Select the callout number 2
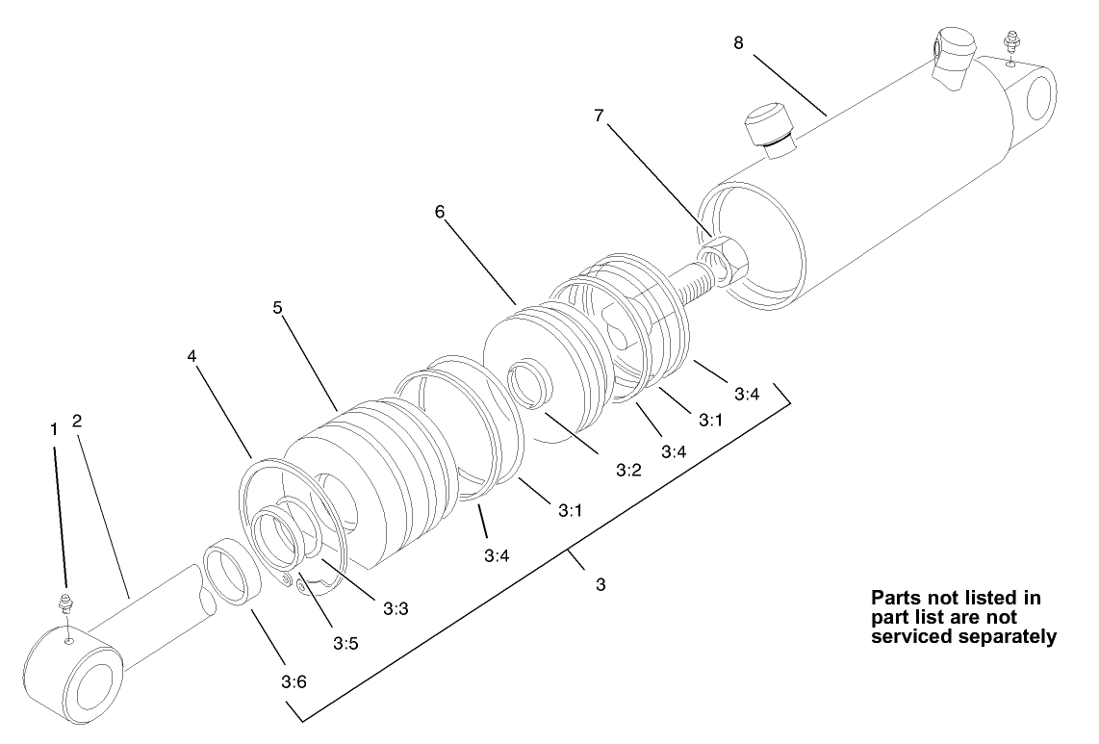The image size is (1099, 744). [77, 422]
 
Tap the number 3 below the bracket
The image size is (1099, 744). [601, 584]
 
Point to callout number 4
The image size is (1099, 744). [192, 356]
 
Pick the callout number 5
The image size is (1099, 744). [277, 308]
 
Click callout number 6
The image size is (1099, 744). [440, 212]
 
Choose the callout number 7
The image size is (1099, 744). [599, 115]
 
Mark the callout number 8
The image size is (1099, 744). [739, 43]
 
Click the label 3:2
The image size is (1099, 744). [627, 472]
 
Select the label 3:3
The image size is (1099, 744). [396, 608]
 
